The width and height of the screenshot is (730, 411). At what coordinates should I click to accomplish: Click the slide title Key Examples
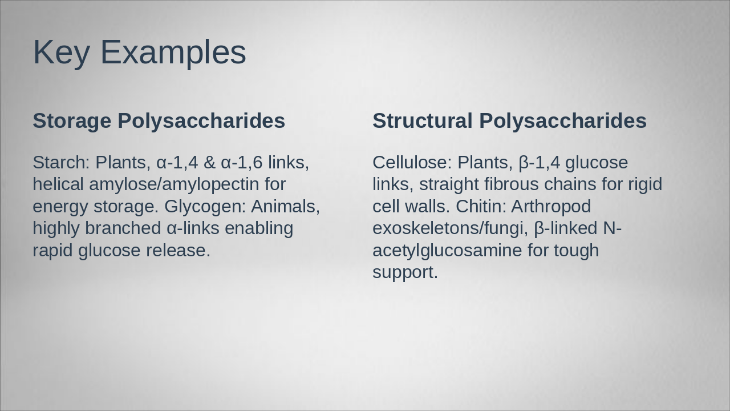click(139, 52)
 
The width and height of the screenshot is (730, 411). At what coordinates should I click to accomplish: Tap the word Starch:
click(61, 163)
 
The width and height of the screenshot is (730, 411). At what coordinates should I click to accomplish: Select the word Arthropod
click(551, 206)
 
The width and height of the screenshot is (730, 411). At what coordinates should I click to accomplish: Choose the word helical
click(58, 184)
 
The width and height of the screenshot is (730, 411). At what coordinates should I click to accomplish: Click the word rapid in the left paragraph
click(53, 250)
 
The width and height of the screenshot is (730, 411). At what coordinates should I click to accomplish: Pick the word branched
click(123, 228)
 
